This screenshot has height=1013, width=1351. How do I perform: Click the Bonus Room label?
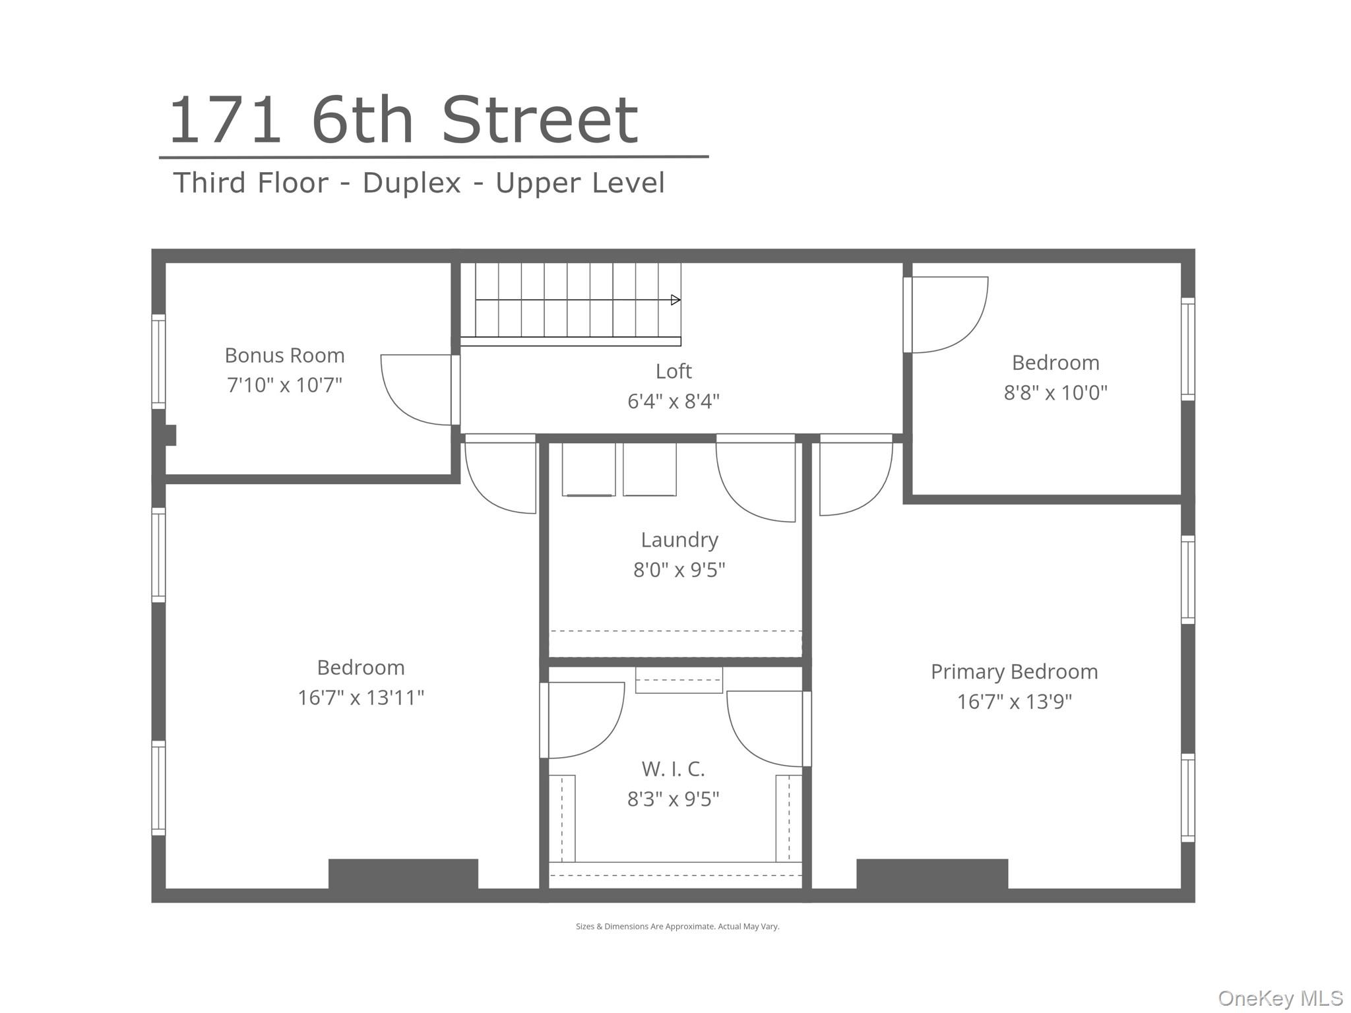284,355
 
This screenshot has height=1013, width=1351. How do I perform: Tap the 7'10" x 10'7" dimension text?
284,385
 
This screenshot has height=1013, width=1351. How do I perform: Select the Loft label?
673,371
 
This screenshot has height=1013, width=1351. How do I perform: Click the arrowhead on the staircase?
675,300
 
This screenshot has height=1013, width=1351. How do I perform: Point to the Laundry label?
679,539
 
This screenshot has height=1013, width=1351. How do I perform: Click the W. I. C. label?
673,769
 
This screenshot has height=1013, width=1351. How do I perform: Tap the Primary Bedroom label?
1014,671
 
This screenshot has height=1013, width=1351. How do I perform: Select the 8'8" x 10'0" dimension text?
1055,393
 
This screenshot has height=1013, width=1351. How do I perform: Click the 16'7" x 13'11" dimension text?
360,698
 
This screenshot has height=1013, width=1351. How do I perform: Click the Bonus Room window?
158,362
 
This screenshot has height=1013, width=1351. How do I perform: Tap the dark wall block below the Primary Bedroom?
931,875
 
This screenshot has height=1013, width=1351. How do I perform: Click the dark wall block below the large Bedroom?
403,875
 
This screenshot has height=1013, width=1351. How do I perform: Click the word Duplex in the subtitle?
411,183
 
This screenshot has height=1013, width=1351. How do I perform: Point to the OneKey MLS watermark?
1280,998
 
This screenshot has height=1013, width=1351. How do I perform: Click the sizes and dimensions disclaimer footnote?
677,927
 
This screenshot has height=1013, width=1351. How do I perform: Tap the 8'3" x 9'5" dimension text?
673,799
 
